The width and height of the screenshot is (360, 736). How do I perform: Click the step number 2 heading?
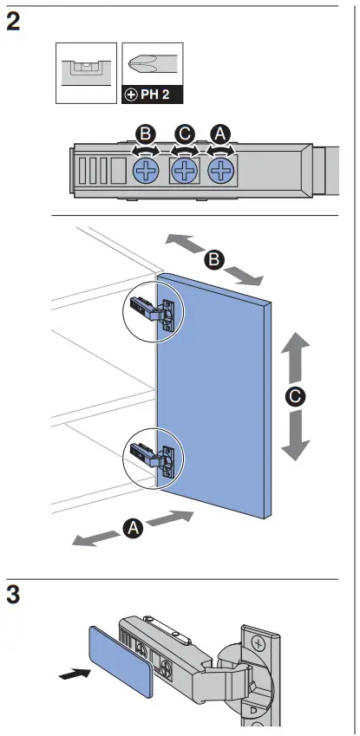(13, 22)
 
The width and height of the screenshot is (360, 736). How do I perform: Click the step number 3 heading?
(13, 596)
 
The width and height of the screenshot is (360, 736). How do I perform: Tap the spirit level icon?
(86, 73)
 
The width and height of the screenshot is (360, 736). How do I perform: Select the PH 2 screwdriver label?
(153, 95)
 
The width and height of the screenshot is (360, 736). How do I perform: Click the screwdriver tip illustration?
(153, 65)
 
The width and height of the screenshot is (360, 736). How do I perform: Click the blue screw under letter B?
(146, 170)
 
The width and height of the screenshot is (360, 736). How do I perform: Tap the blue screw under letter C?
(184, 171)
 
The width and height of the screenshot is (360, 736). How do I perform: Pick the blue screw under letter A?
(221, 171)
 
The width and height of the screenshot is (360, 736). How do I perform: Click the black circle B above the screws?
(146, 135)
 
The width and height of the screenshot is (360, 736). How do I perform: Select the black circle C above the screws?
(184, 135)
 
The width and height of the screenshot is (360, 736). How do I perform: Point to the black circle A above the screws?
(220, 135)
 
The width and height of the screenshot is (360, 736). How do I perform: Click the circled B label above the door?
(214, 259)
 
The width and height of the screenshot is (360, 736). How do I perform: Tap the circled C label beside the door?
(295, 397)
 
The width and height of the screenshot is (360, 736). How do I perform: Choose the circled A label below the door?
(133, 529)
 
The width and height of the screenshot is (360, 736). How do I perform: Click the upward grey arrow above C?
(296, 358)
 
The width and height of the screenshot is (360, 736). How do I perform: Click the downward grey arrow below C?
(296, 435)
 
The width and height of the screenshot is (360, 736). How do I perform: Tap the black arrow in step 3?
(75, 673)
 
